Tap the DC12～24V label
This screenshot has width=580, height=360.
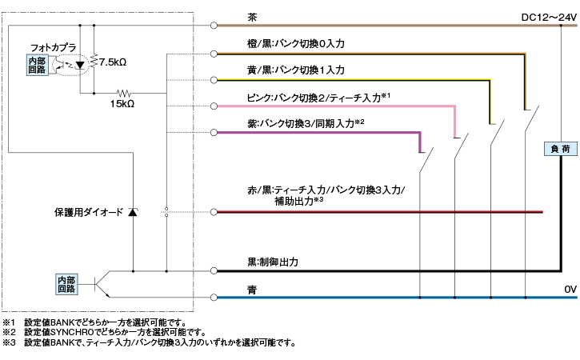tap(548, 17)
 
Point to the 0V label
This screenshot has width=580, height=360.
tap(569, 289)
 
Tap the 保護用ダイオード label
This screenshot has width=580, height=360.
tap(89, 212)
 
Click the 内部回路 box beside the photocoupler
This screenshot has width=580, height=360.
tap(38, 66)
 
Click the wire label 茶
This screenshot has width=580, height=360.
tap(253, 16)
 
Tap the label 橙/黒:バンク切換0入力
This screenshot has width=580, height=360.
tap(296, 44)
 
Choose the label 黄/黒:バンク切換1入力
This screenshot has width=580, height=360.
tap(296, 70)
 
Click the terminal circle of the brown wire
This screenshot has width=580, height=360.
tap(214, 26)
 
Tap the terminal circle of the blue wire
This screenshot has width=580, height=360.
tap(214, 298)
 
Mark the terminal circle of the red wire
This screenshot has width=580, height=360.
tap(214, 213)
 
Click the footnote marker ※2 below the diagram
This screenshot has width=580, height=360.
tap(9, 332)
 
